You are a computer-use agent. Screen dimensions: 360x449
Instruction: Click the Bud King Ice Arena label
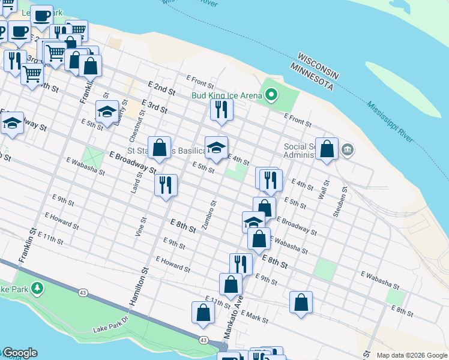click(x=227, y=95)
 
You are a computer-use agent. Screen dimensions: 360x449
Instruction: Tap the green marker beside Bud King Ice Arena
click(x=271, y=94)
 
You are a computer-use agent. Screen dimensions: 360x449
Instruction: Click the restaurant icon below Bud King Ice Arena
click(x=221, y=109)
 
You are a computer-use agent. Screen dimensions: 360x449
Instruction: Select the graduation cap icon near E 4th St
click(x=216, y=147)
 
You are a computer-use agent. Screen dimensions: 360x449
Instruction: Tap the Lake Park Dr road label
click(x=111, y=324)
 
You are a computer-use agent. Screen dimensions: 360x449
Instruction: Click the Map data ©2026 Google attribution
click(x=411, y=355)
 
